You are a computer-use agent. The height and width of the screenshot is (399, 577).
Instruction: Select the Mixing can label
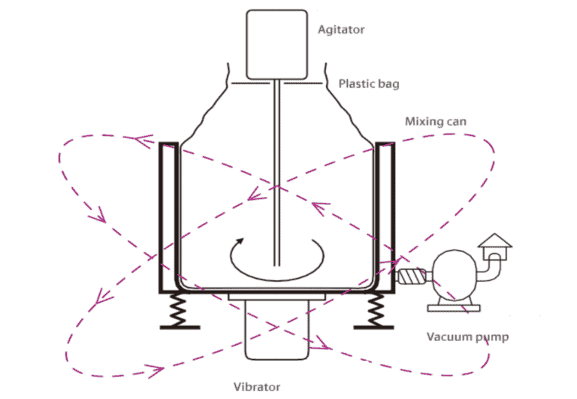pos(433,121)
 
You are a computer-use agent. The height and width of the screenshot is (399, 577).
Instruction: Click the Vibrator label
pos(256,387)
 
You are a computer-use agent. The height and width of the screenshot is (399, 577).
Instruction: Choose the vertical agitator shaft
pos(277,173)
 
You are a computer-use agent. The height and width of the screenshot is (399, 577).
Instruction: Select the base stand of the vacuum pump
pos(451,305)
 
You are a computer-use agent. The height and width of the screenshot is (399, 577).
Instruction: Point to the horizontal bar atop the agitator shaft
pos(277,82)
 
